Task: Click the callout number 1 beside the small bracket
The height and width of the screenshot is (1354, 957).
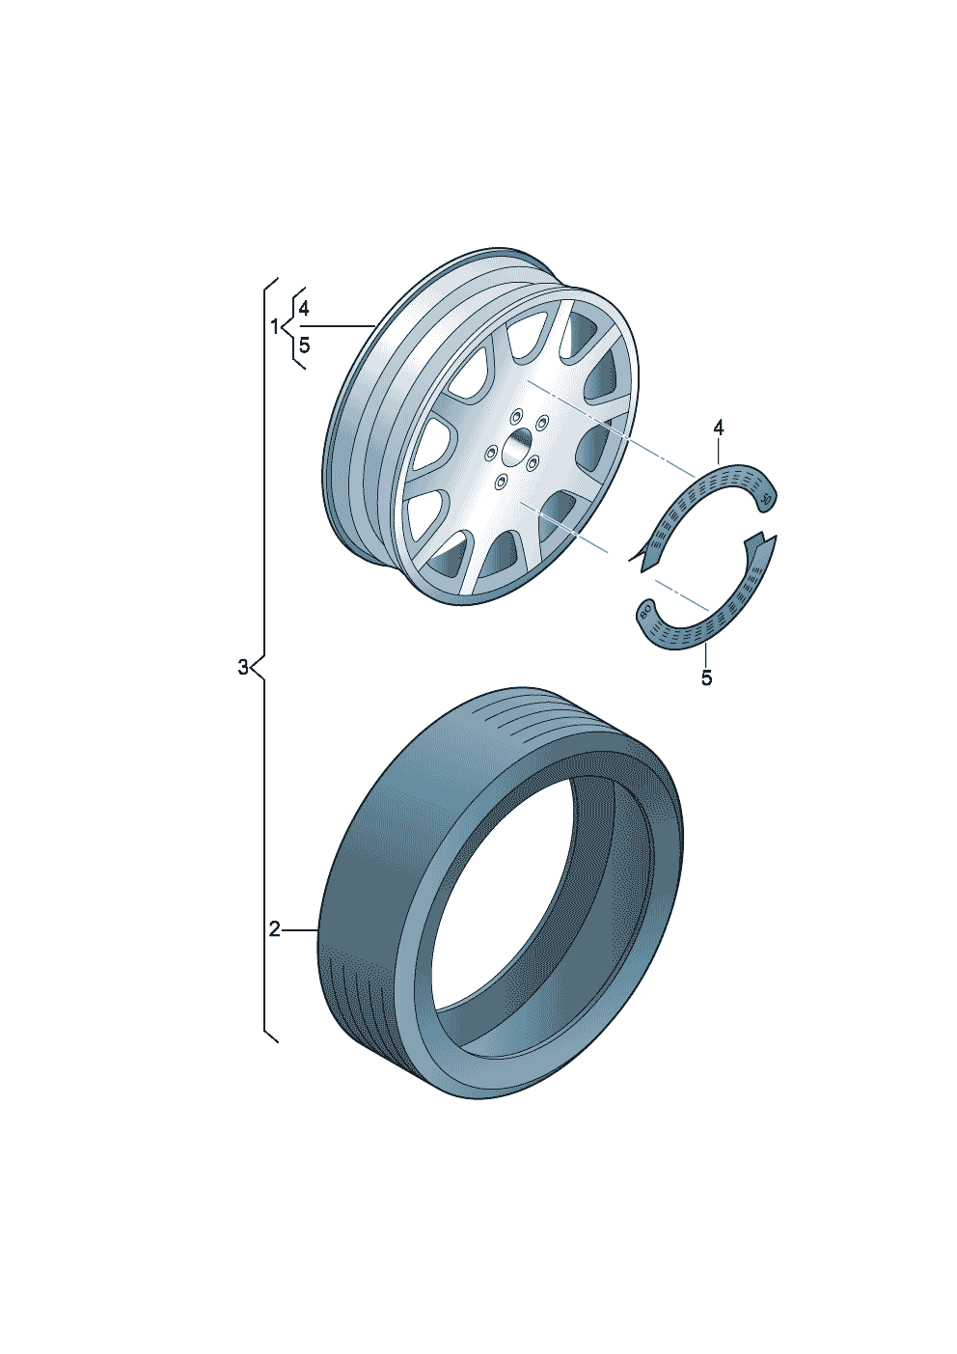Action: (x=274, y=327)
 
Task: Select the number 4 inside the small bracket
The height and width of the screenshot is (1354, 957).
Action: (x=304, y=309)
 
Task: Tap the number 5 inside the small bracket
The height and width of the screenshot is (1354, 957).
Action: (x=304, y=345)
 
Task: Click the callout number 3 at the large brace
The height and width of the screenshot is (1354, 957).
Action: (x=242, y=668)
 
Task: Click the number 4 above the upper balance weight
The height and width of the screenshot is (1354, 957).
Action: (x=718, y=428)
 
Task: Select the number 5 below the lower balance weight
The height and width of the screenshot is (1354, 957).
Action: (x=706, y=678)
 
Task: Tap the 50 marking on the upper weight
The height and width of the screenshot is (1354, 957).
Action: (x=767, y=501)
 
